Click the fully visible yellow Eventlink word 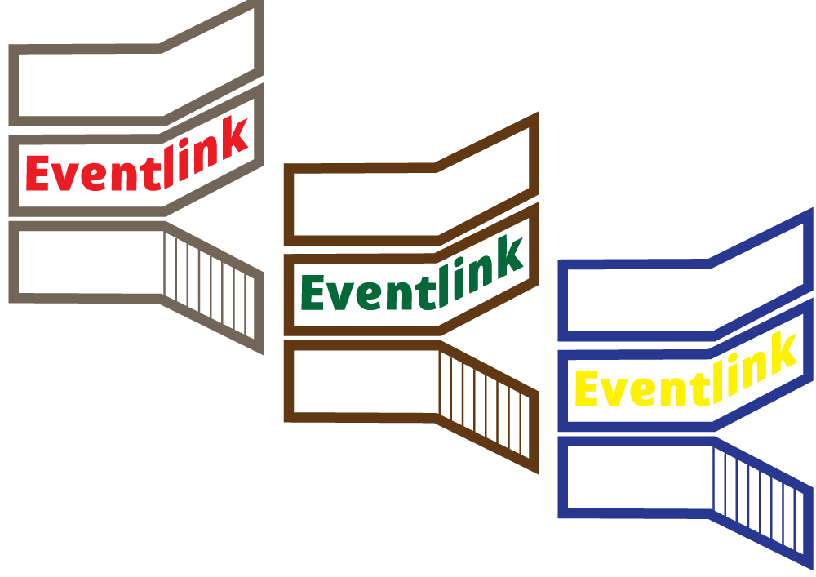pyautogui.click(x=685, y=375)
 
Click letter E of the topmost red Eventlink pyautogui.click(x=38, y=173)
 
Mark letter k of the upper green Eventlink pyautogui.click(x=508, y=257)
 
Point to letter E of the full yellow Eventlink pyautogui.click(x=588, y=388)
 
